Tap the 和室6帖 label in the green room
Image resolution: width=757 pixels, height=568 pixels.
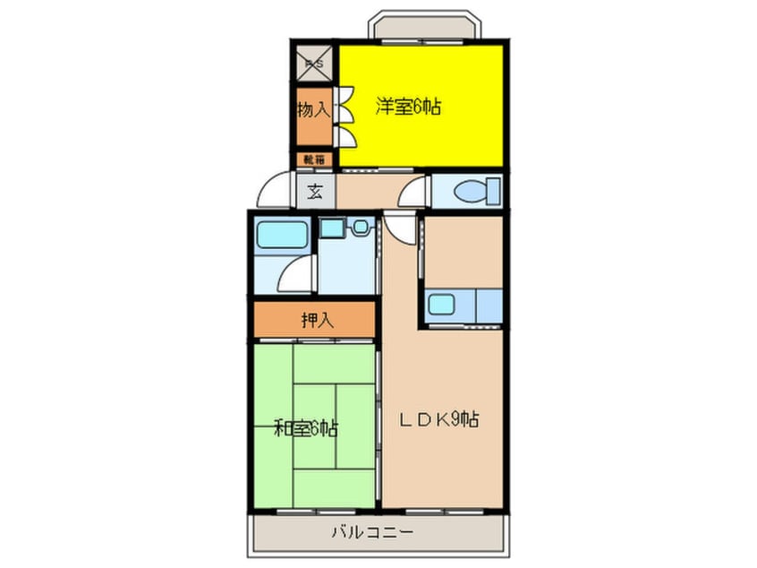[306, 428]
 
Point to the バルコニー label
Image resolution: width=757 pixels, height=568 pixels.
[368, 533]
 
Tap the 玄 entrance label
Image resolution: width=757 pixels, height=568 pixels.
[316, 191]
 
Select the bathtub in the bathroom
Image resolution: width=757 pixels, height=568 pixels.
[282, 236]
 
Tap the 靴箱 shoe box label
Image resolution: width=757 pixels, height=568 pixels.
[316, 160]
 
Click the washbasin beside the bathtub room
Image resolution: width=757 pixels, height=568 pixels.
[332, 228]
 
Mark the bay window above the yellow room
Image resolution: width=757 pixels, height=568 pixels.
[421, 26]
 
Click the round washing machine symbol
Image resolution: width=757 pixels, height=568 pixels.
[361, 228]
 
